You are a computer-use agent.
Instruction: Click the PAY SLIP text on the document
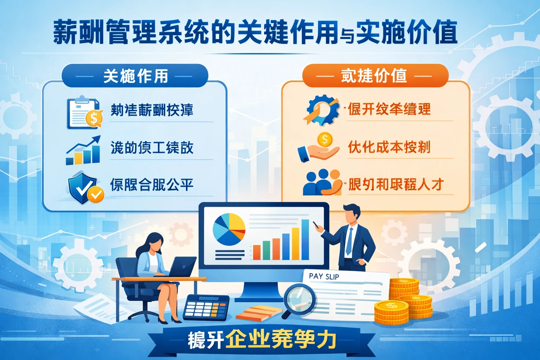point(324,276)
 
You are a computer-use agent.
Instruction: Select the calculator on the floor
point(206,308)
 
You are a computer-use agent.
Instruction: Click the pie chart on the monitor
point(229,229)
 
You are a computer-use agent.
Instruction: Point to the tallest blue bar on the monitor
point(305,239)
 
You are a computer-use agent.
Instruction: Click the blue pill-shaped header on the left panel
point(135,76)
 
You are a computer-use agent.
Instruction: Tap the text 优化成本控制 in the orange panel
point(389,147)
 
